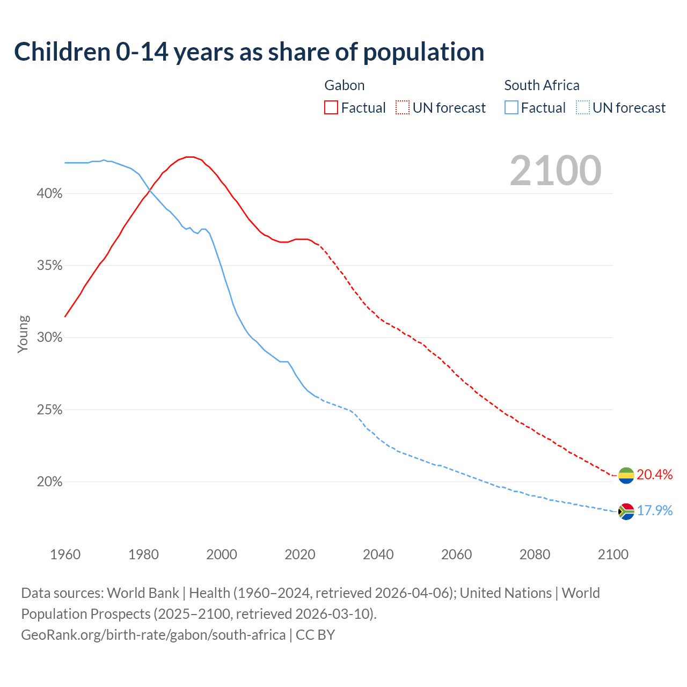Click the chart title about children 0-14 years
(x=249, y=52)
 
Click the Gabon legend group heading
(x=345, y=85)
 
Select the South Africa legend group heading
(x=542, y=85)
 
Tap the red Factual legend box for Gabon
(x=331, y=108)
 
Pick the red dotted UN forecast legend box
(x=403, y=108)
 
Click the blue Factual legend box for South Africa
(x=511, y=108)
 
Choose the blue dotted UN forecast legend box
(x=582, y=108)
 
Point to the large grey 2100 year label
(x=556, y=171)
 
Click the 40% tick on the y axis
(x=49, y=194)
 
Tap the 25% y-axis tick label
(x=49, y=410)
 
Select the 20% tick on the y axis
(x=49, y=482)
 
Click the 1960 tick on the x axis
(x=65, y=554)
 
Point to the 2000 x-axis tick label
(x=222, y=554)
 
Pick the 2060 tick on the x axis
(x=456, y=554)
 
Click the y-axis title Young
(x=23, y=334)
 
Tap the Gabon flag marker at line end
(x=626, y=475)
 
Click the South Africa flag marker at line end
(x=626, y=511)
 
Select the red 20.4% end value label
(x=655, y=475)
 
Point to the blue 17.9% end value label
(x=655, y=510)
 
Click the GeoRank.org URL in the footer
(x=153, y=635)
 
